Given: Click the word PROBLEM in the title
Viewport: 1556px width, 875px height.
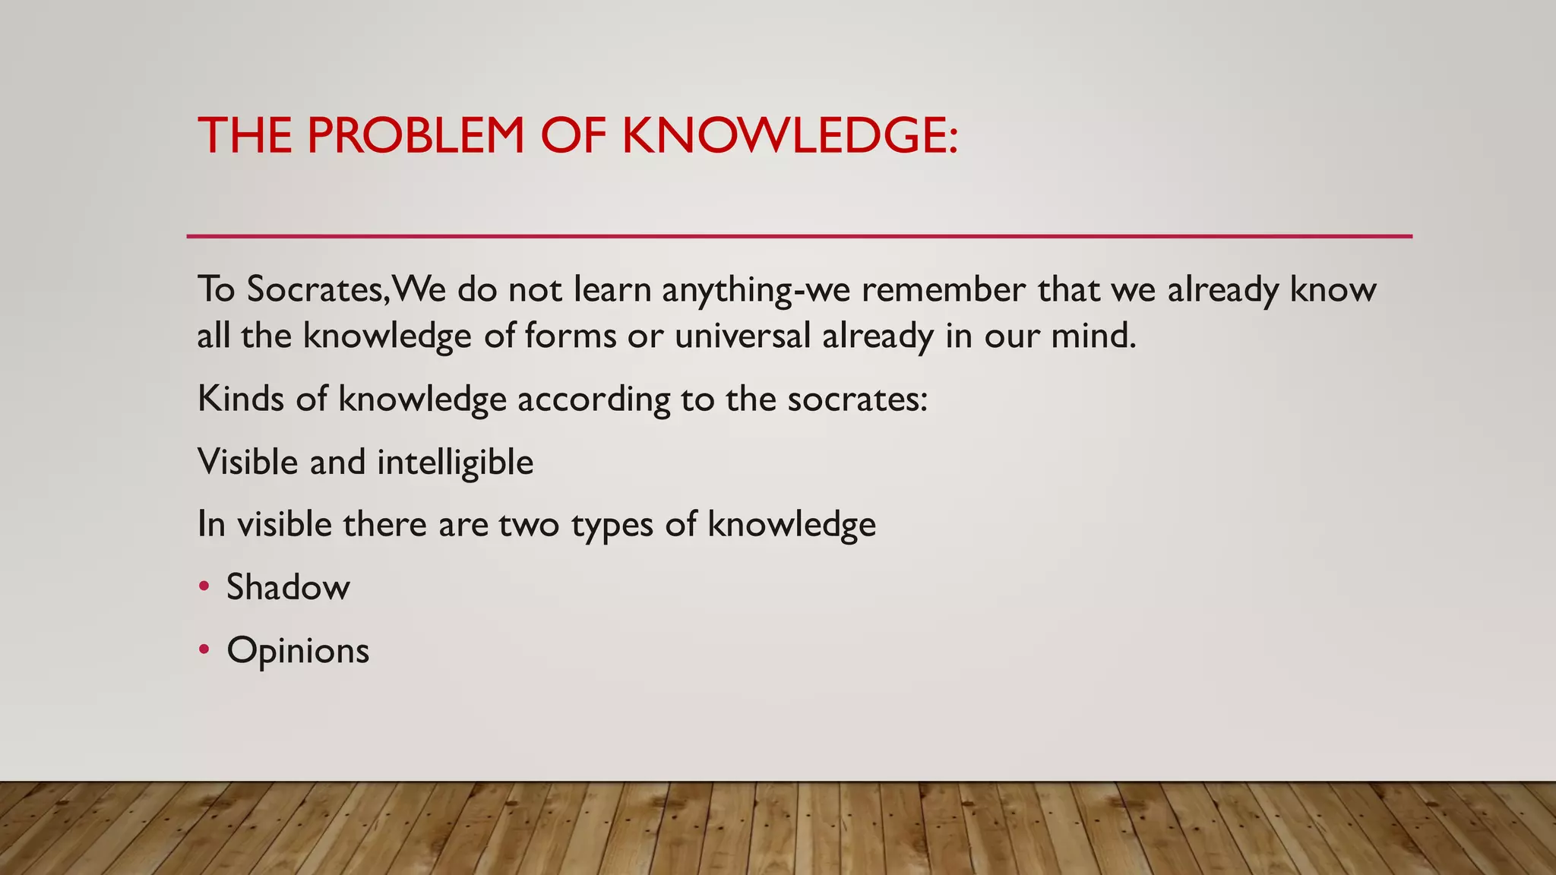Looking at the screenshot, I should [416, 136].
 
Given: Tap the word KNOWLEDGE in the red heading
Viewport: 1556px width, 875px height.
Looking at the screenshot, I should [790, 136].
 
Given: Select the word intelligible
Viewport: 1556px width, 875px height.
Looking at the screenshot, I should [455, 462].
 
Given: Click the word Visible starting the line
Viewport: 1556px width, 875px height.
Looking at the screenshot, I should [248, 462].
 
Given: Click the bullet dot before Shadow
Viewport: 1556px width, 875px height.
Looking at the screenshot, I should [203, 586].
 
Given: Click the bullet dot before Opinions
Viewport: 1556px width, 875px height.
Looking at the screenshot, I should [203, 649].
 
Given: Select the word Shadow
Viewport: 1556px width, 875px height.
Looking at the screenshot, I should [288, 587].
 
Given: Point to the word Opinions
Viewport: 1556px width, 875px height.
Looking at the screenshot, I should [298, 651].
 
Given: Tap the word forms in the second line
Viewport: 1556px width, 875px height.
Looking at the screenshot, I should [570, 336].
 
